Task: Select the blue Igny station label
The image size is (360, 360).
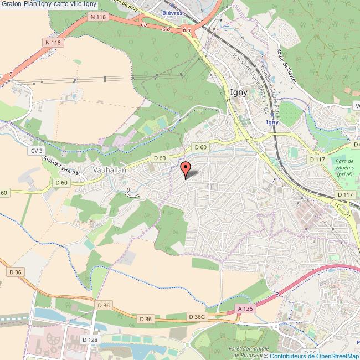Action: click(271, 122)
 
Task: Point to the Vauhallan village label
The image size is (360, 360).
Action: click(110, 171)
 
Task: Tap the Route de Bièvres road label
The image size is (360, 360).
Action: click(285, 66)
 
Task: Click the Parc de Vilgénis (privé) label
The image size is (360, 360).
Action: click(344, 166)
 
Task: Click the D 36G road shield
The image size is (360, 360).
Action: click(197, 317)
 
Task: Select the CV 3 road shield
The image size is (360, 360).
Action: click(37, 150)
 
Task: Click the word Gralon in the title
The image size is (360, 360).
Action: click(12, 4)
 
